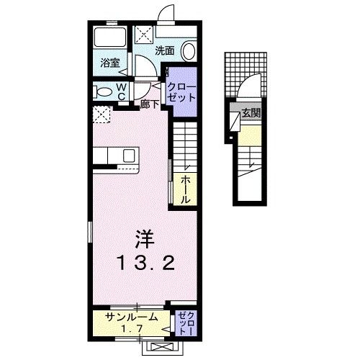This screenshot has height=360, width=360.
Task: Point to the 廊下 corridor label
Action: point(150,104)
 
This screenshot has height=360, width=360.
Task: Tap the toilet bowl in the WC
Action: point(104,91)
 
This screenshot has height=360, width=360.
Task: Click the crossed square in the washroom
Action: point(142,34)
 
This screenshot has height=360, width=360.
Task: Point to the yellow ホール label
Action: point(185,189)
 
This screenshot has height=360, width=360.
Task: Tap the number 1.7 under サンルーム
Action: point(130,329)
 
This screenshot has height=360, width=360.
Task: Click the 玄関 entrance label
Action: point(249,113)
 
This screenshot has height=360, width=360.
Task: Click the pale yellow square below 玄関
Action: point(247,133)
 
